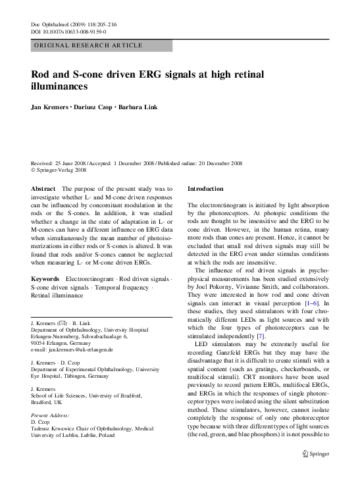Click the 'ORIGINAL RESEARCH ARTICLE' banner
(x=88, y=45)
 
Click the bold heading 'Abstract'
(x=43, y=189)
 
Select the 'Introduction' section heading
(x=206, y=189)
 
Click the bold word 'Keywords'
(x=46, y=279)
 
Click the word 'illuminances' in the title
(x=59, y=86)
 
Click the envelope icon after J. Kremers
(x=60, y=326)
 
